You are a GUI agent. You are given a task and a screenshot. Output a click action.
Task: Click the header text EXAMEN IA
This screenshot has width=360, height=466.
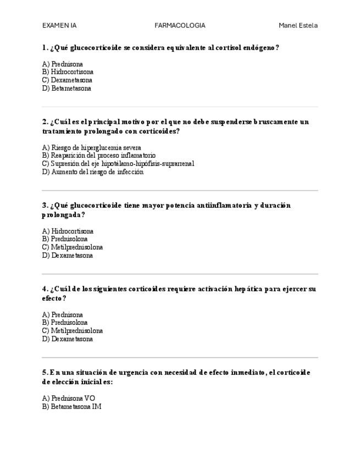pos(59,25)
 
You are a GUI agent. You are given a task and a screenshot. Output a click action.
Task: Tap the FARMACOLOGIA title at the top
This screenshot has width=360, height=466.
pos(180,25)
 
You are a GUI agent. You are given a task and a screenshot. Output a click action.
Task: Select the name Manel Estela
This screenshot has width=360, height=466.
pos(298,25)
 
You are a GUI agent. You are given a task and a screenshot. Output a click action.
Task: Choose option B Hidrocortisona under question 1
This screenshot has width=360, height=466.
pos(68,72)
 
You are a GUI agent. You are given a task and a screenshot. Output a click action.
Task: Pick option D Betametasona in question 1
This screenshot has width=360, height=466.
pos(67,88)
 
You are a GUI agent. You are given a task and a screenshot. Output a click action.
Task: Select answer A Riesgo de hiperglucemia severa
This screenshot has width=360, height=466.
pos(91,147)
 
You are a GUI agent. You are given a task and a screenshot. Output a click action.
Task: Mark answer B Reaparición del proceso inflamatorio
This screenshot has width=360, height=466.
pos(98,156)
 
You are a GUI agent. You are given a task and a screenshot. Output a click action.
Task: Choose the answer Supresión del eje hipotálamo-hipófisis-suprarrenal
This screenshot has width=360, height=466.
pos(118,163)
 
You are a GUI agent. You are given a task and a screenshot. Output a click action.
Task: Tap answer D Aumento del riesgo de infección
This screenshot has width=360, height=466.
pos(92,171)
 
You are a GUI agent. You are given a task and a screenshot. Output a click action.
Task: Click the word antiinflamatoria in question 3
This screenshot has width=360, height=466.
pos(225,206)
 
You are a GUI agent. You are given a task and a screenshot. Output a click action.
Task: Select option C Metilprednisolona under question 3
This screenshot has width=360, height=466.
pos(72,247)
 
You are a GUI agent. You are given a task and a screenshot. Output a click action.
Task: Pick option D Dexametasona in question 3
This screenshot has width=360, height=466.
pos(67,255)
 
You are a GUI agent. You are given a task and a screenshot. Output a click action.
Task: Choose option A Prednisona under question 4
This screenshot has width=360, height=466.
pos(62,315)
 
